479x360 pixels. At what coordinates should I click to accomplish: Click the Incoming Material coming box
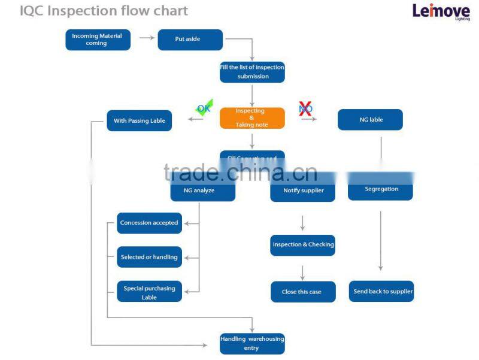tap(98, 40)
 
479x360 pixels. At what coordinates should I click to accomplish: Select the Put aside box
tap(190, 40)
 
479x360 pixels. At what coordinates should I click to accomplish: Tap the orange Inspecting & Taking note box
tap(252, 118)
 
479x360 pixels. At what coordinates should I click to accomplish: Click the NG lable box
tap(370, 120)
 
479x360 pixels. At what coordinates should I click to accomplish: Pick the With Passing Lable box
tap(140, 120)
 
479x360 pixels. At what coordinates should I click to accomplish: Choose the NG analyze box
tap(202, 190)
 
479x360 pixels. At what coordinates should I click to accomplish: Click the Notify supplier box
tap(303, 191)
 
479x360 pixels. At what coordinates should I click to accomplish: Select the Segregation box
tap(381, 190)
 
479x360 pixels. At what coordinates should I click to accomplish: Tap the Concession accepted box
tap(149, 223)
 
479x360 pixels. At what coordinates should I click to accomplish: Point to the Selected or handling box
tap(149, 257)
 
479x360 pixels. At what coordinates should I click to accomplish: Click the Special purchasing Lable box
tap(149, 292)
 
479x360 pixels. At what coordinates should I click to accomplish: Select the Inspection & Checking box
tap(303, 245)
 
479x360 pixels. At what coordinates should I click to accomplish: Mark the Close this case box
tap(303, 292)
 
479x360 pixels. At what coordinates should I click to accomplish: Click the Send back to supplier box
tap(382, 292)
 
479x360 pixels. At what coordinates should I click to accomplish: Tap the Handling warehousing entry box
tap(252, 343)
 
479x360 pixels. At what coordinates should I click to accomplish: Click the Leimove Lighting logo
tap(441, 11)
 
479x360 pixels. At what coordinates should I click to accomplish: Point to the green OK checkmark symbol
tap(204, 109)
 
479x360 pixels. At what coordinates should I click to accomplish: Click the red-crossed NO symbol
tap(305, 108)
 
